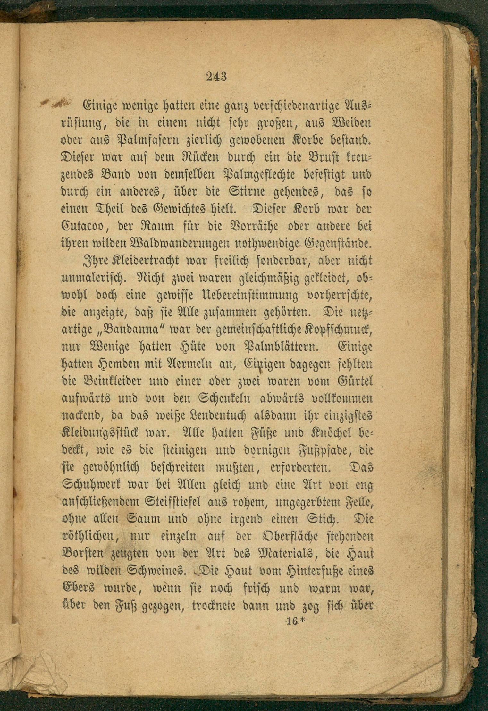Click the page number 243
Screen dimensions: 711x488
click(x=216, y=77)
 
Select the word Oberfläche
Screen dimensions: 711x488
click(x=284, y=537)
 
